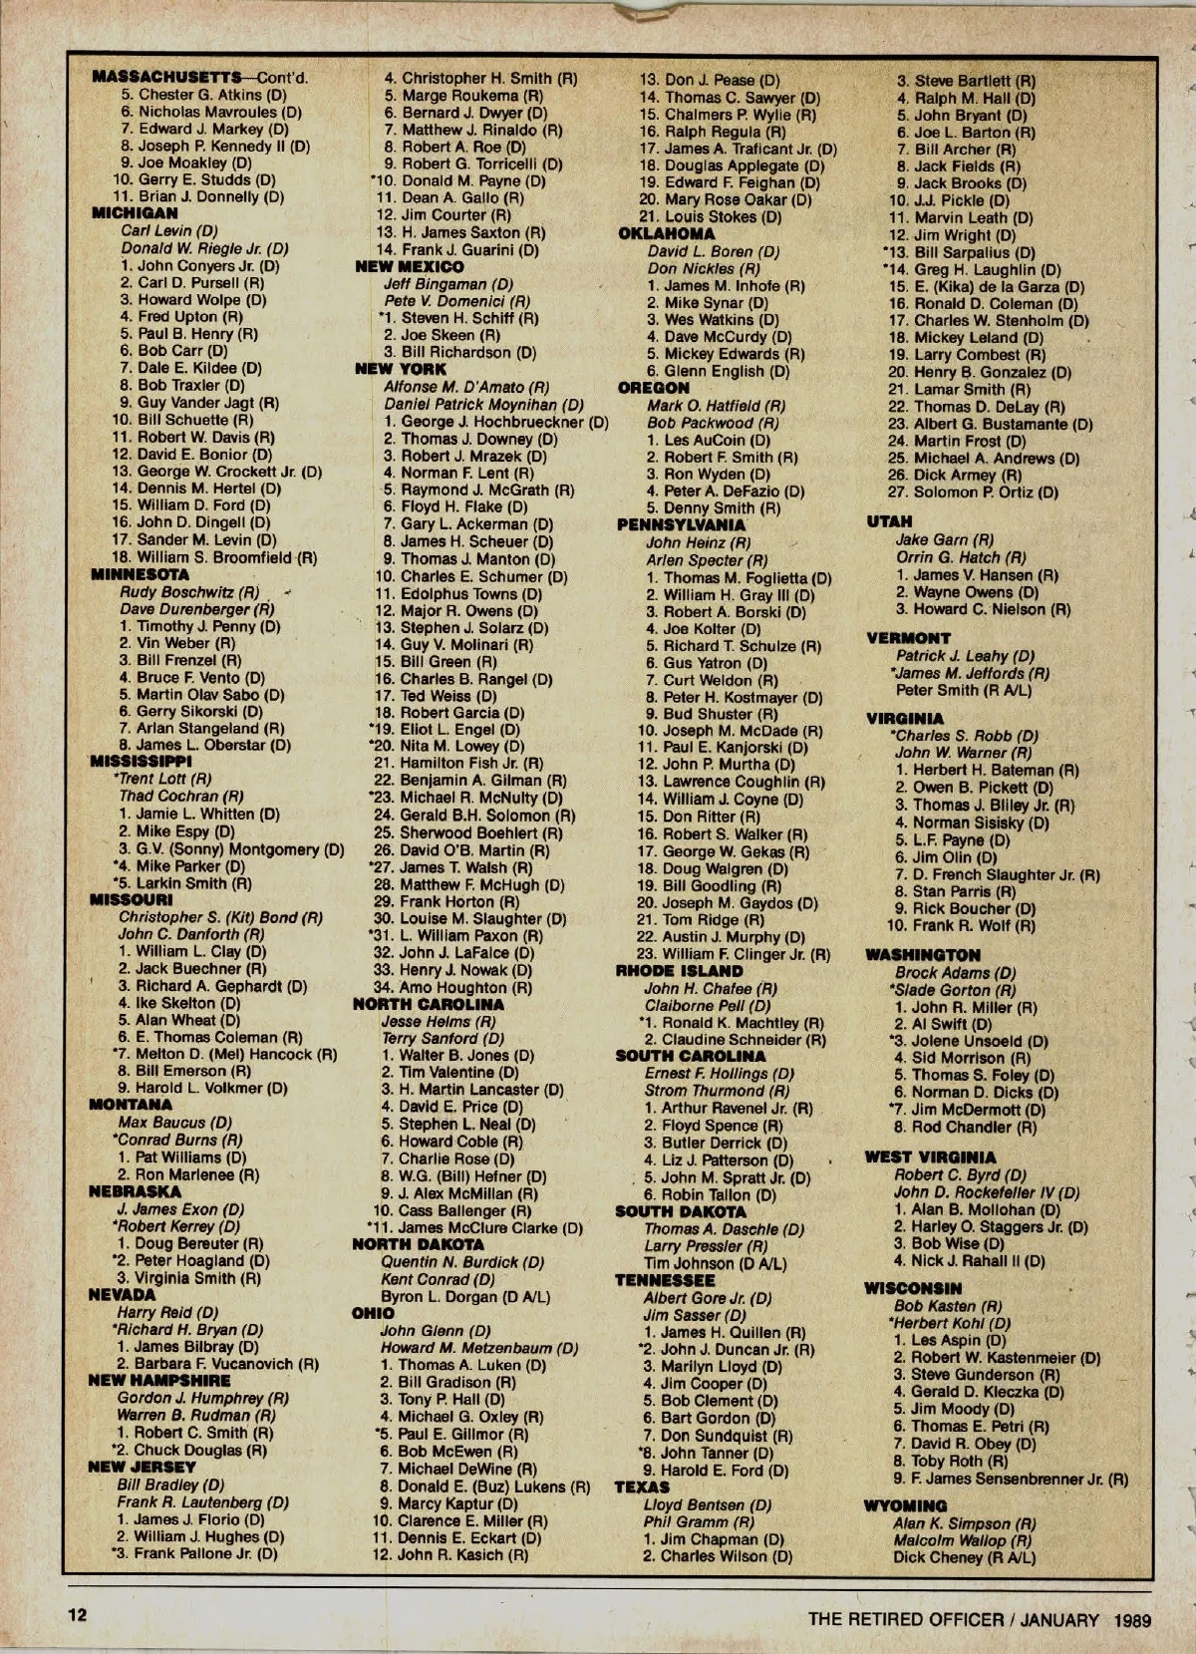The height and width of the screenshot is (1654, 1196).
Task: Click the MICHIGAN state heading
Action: [135, 213]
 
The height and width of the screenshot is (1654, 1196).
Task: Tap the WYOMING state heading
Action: [905, 1506]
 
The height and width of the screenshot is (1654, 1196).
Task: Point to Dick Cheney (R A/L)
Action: [964, 1557]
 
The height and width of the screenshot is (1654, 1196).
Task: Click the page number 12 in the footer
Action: [78, 1614]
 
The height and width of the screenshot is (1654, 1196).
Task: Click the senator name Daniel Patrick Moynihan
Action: [484, 405]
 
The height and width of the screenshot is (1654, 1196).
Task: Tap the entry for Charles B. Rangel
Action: [476, 680]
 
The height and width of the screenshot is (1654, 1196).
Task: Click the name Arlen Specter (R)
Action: [707, 560]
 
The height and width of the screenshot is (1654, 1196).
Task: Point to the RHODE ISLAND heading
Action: [680, 971]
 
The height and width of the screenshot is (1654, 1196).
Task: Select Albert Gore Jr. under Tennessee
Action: [708, 1298]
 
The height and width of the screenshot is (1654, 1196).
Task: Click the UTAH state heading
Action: [889, 521]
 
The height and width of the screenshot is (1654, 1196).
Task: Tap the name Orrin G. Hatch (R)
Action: [960, 557]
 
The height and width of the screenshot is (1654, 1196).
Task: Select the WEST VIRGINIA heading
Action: [930, 1158]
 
